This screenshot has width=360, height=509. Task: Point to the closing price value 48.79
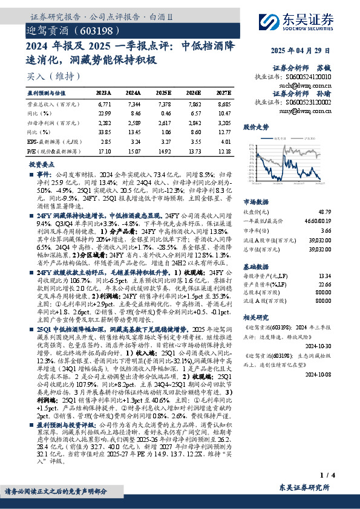coord(324,212)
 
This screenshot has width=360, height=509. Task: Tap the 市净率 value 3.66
coord(326,230)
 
